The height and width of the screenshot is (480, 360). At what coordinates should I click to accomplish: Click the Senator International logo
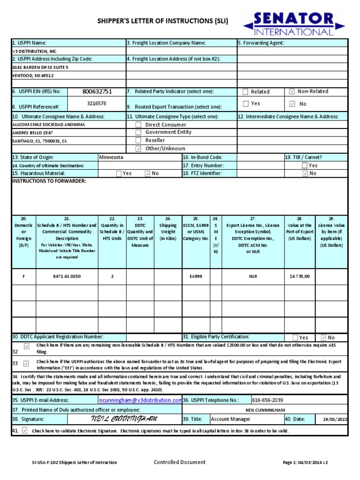[294, 23]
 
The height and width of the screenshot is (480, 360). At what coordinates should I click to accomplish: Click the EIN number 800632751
[97, 92]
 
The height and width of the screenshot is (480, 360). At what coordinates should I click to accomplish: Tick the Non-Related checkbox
[292, 92]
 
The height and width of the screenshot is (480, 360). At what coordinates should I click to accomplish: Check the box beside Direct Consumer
[138, 125]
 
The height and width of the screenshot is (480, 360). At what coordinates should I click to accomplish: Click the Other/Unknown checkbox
[138, 149]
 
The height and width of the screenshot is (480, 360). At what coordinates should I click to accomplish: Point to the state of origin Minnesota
[112, 157]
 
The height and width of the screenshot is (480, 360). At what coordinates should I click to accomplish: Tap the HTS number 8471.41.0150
[67, 277]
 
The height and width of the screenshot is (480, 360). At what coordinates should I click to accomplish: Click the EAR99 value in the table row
[196, 277]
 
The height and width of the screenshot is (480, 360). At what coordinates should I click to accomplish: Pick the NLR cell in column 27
[253, 277]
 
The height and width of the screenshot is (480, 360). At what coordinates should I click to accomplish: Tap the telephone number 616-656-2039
[268, 400]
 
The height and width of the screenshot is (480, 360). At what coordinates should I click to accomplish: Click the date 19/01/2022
[335, 420]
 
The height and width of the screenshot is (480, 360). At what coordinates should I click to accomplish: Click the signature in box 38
[124, 419]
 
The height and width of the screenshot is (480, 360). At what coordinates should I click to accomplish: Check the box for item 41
[25, 430]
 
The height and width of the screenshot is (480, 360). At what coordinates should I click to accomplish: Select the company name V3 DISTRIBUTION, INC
[35, 51]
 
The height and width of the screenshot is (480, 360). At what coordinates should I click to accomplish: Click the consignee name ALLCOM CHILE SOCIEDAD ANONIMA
[48, 125]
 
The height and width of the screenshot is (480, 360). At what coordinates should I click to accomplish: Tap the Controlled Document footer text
[180, 462]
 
